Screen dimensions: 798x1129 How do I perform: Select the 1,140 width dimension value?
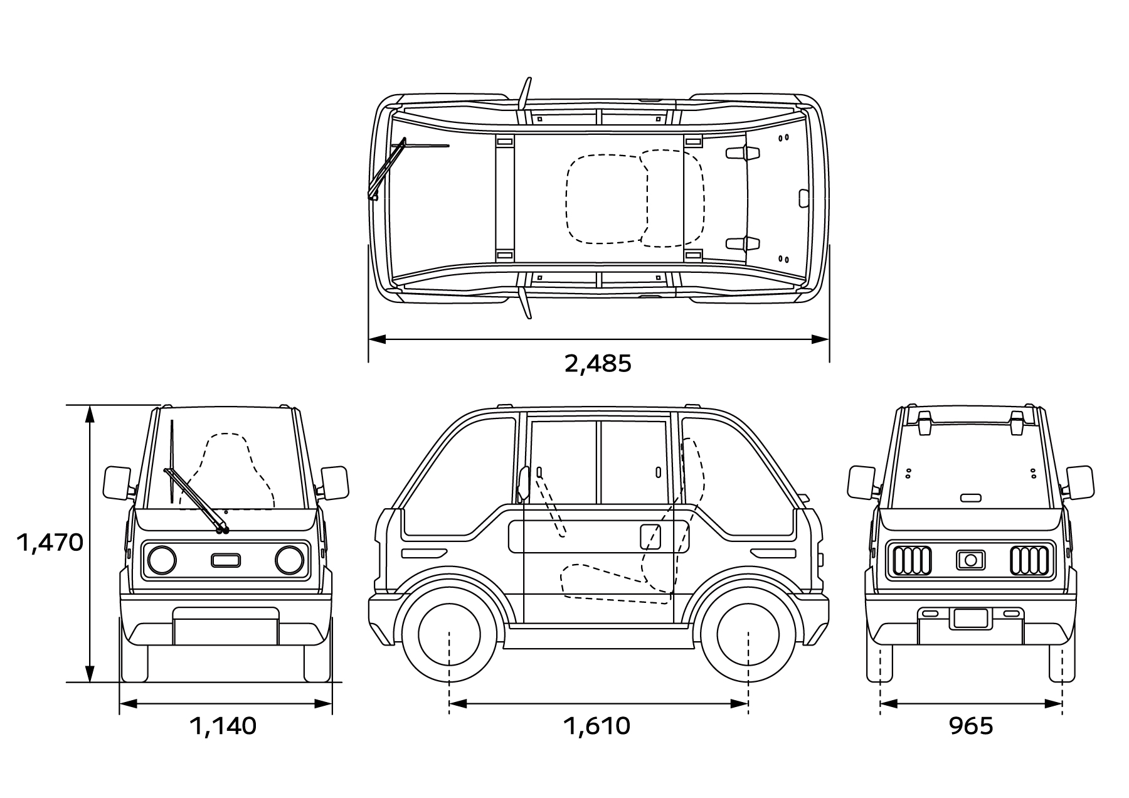tap(223, 726)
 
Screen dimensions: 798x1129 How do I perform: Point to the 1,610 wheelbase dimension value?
tap(596, 726)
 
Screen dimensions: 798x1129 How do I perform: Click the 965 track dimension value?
tap(971, 726)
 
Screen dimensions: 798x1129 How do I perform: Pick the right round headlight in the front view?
tap(289, 560)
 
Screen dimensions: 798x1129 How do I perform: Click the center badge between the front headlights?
tap(226, 560)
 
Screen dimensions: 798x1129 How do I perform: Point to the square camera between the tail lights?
tap(970, 560)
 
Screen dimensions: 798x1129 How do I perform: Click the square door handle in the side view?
tap(650, 537)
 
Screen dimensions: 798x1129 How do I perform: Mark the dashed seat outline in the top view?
tap(633, 198)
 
